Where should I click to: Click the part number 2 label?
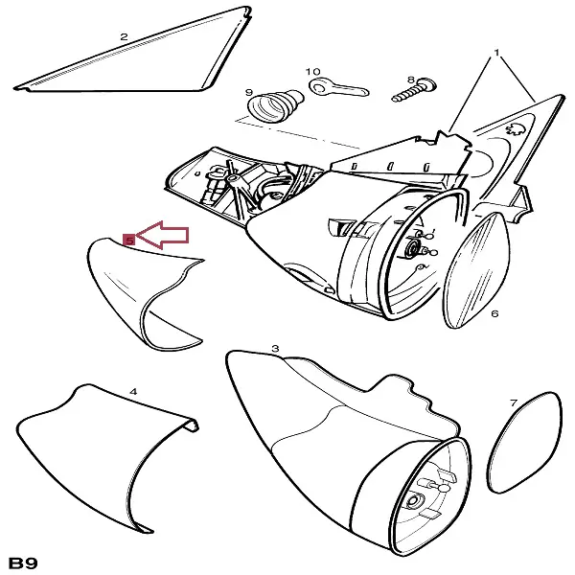(124, 36)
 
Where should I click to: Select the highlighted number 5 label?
(129, 241)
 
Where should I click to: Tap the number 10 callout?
(312, 72)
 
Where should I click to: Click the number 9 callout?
(249, 92)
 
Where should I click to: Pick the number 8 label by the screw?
(411, 80)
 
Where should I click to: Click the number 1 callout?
(496, 53)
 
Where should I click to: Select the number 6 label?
(494, 313)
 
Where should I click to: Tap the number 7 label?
(514, 403)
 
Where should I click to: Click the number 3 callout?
(275, 349)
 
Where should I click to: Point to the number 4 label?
(133, 392)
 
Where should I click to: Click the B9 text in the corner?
(23, 563)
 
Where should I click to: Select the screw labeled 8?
(414, 90)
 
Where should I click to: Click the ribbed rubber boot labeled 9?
(276, 105)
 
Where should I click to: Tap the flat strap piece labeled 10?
(339, 88)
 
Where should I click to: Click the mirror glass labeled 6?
(476, 270)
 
